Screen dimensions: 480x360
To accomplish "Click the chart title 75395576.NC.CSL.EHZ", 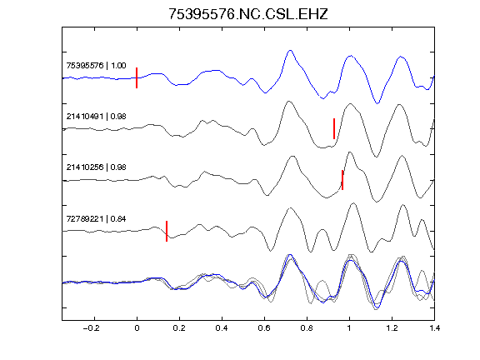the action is [x=248, y=14].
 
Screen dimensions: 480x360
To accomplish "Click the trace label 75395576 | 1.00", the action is [x=96, y=66].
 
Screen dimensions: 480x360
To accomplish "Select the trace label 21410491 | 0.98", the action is [x=96, y=117].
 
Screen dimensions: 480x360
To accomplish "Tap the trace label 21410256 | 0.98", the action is [x=96, y=167].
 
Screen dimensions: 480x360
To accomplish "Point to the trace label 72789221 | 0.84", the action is [x=96, y=219].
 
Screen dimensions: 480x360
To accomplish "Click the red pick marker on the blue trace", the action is [x=137, y=77].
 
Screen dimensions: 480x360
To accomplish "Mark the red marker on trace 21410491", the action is [x=334, y=128].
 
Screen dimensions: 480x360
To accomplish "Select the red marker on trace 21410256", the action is [x=342, y=180].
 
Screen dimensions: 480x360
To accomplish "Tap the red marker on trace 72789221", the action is [x=167, y=231].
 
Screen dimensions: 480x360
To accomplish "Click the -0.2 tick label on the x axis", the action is [x=91, y=328].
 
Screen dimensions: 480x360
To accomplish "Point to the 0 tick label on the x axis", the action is [x=137, y=328].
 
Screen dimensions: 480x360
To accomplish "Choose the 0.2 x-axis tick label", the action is [x=179, y=328].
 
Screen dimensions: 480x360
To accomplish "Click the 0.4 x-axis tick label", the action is [x=222, y=328].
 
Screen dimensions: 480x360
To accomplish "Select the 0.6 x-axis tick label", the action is [x=264, y=328].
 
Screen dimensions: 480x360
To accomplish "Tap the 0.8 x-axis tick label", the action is [x=307, y=328].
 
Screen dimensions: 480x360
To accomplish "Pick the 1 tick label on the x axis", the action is [x=349, y=328].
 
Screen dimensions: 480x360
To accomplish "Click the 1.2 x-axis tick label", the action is [x=392, y=328].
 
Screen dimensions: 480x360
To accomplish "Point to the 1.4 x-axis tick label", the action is [x=434, y=328].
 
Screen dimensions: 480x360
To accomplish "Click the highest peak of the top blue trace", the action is [x=290, y=50].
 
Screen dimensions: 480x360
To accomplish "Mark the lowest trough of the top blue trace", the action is [x=377, y=103].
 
